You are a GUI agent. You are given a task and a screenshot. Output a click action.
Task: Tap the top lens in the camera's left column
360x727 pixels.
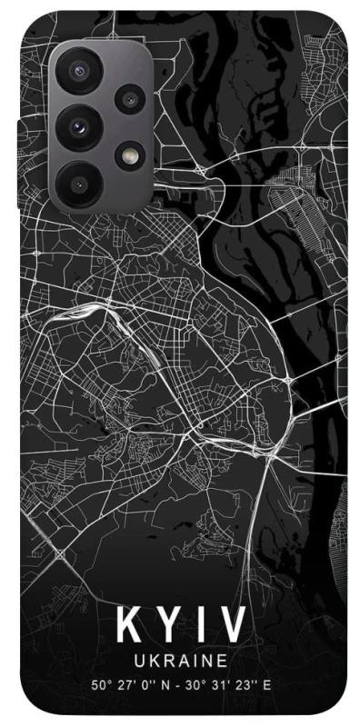79,72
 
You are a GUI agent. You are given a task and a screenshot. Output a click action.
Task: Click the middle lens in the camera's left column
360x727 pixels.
79,125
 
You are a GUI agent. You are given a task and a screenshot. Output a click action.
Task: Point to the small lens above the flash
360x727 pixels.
130,97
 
